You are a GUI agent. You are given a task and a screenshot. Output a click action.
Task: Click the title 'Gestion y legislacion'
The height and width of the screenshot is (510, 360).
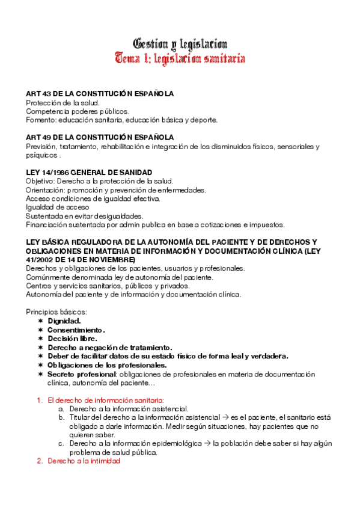180,44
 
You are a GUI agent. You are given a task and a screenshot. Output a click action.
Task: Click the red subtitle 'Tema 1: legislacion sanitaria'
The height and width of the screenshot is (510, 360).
180,58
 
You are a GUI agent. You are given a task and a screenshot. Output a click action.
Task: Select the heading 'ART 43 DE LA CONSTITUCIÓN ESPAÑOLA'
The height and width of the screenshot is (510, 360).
100,94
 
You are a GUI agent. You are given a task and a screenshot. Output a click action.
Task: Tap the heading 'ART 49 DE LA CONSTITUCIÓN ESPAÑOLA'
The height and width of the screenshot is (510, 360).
100,137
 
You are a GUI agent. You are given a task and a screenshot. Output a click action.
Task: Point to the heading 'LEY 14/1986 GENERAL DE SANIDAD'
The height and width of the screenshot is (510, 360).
90,173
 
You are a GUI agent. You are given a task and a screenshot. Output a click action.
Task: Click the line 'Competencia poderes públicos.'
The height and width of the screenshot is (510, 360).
78,111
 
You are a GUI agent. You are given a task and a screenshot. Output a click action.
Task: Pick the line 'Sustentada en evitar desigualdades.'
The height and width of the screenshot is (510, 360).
85,216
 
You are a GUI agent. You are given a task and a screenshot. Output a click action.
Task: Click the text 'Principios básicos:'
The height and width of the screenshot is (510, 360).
56,312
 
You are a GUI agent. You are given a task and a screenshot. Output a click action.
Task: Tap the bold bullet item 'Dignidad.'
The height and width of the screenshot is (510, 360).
64,321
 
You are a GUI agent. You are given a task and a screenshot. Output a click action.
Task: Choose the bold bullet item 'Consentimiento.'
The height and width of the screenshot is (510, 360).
76,330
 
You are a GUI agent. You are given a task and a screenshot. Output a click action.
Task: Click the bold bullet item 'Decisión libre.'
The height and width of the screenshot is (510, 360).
72,339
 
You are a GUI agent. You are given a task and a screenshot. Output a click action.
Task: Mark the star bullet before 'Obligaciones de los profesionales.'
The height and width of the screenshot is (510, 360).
40,365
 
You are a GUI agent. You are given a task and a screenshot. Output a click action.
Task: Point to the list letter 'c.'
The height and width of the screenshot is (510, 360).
61,443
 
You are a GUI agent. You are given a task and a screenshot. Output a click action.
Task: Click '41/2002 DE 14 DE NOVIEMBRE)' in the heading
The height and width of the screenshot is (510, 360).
84,259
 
